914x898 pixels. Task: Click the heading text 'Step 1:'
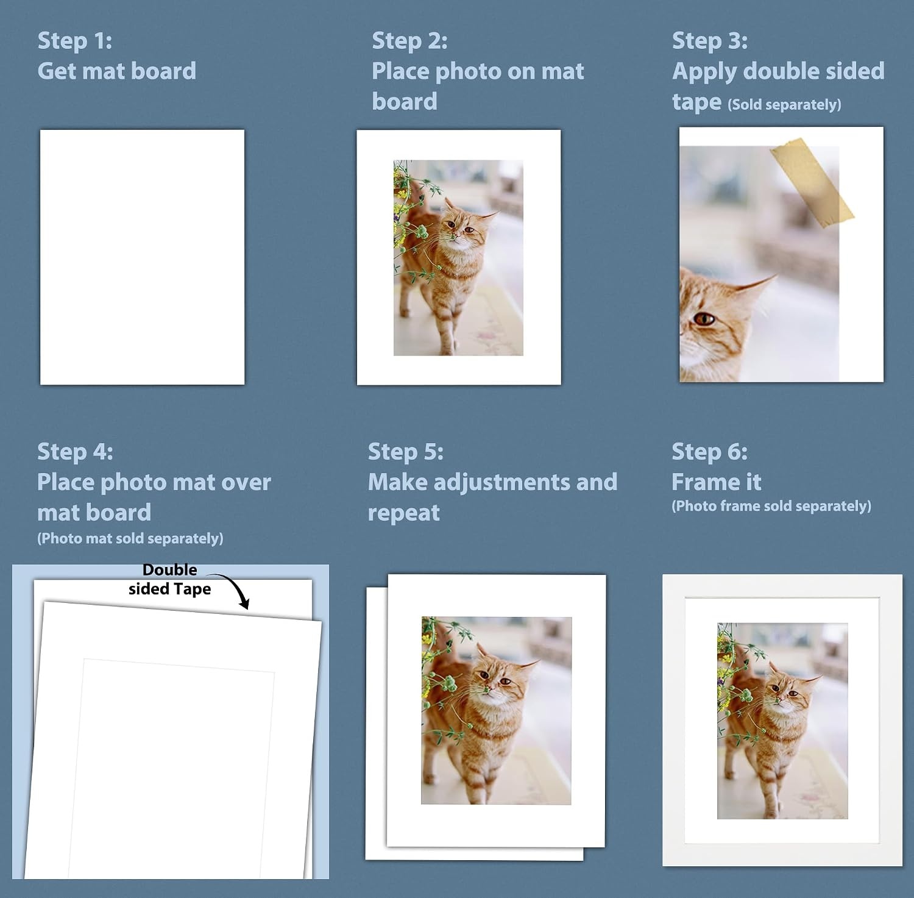point(75,41)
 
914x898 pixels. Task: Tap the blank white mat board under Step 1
point(142,257)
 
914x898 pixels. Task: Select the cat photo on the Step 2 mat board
point(458,257)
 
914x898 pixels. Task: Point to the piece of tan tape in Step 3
point(812,182)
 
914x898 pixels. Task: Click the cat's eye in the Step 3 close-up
point(704,318)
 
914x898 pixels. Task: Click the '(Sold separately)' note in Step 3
point(784,105)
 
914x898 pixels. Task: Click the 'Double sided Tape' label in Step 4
point(169,579)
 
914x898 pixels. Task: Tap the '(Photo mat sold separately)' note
point(130,538)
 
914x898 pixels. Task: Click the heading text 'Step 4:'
point(75,452)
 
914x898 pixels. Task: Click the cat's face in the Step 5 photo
point(497,676)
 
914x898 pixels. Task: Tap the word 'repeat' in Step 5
point(403,513)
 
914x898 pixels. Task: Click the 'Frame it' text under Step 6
point(717,482)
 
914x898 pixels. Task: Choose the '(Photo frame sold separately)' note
point(771,506)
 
